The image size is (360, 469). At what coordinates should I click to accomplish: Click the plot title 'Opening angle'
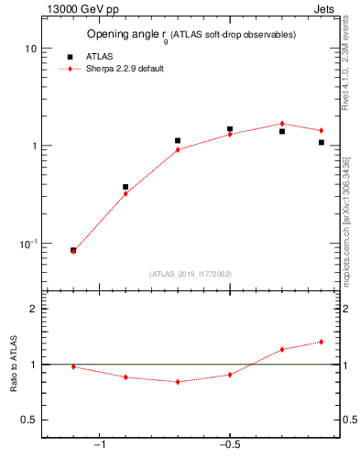point(125,34)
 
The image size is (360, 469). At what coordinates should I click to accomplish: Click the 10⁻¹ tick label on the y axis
point(27,244)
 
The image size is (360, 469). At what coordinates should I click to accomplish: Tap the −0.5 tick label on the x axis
point(229,445)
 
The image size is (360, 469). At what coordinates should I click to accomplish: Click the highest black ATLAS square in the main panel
point(230,129)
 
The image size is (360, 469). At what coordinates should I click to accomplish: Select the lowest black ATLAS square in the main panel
point(73,250)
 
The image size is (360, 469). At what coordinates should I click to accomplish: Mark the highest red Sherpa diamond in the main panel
point(282,124)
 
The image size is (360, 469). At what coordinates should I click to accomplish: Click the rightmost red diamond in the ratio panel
point(321,342)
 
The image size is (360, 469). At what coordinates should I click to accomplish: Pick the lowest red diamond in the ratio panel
point(178,382)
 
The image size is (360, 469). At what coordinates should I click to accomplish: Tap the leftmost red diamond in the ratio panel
point(73,366)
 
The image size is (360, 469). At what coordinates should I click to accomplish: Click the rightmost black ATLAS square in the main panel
point(322,142)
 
